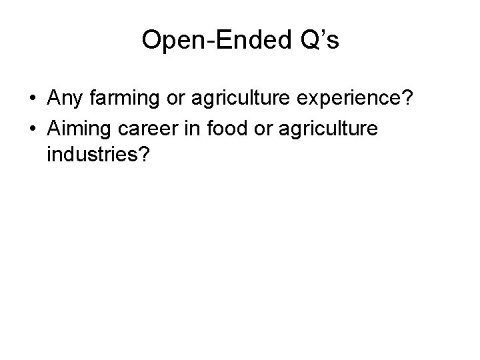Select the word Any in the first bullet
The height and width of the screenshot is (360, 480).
pyautogui.click(x=66, y=99)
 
